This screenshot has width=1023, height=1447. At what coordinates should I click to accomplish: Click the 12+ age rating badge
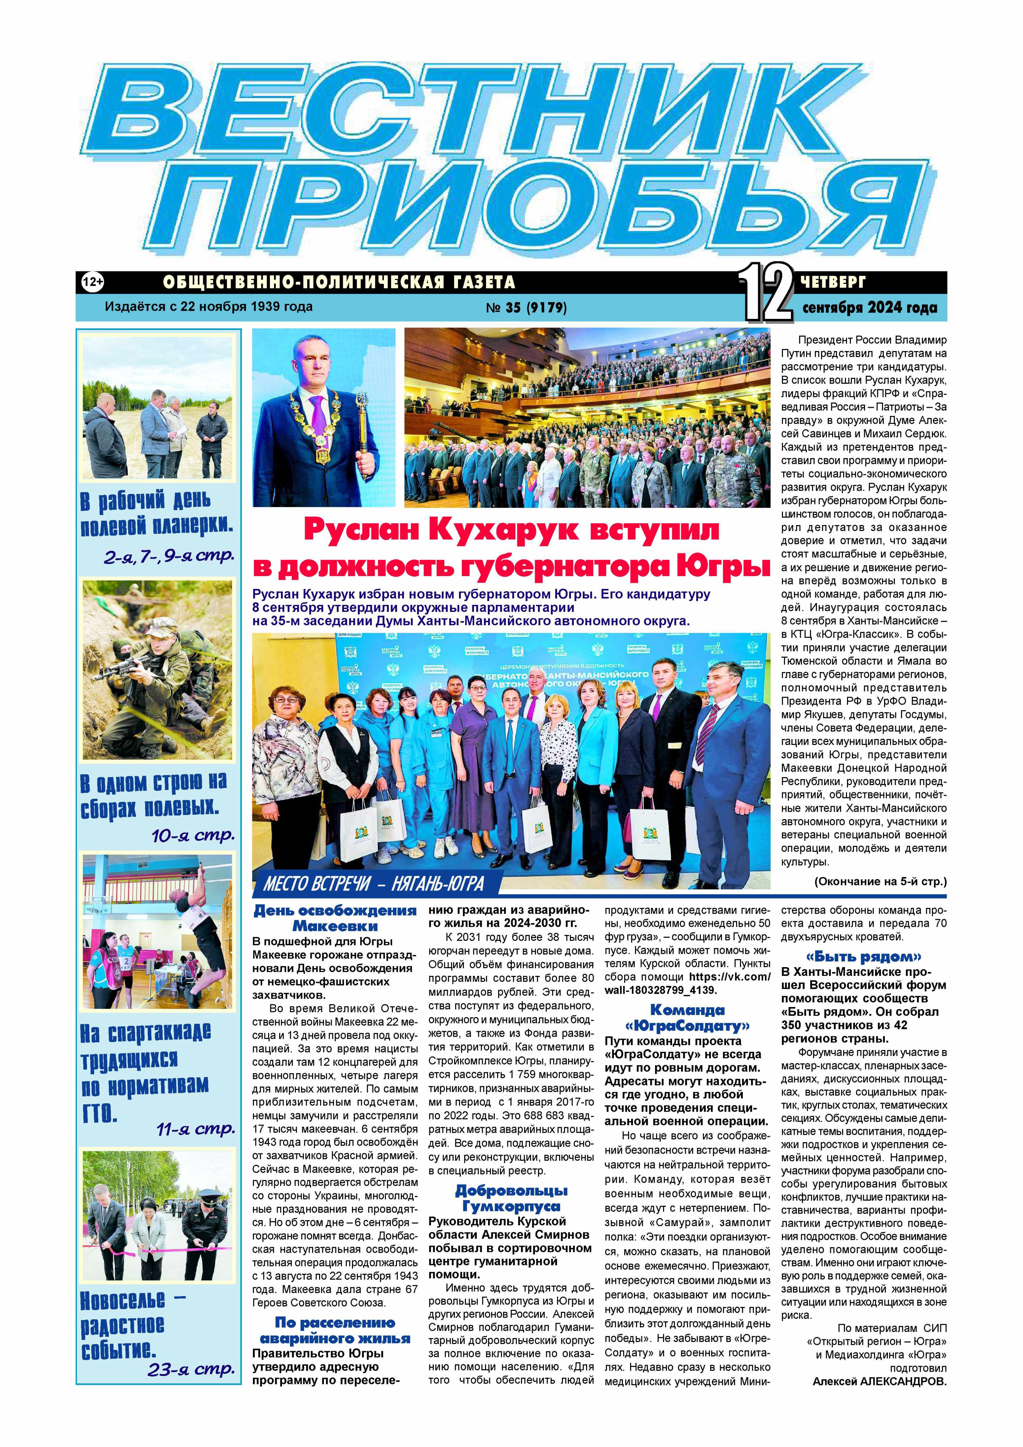tap(92, 282)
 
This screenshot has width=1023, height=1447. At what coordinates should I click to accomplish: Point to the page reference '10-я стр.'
tap(193, 836)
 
